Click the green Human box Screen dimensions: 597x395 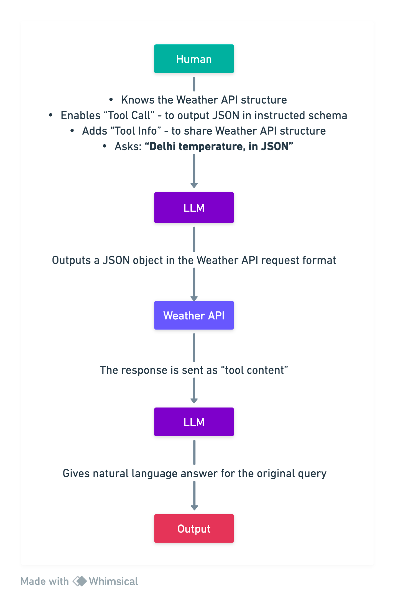(194, 59)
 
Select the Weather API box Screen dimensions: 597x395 (194, 315)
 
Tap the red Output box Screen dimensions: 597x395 (194, 528)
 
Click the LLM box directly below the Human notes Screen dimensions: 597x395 (194, 208)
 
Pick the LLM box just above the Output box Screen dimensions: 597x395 (194, 422)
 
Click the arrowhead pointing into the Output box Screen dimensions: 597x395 (194, 508)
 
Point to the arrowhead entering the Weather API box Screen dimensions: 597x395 (194, 298)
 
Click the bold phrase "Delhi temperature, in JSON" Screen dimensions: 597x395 (219, 146)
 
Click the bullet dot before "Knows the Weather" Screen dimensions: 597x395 (111, 100)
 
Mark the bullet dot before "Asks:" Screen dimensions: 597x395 (105, 146)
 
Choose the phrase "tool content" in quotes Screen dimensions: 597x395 (254, 370)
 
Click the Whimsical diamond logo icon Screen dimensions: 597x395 (80, 581)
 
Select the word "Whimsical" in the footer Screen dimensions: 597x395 (113, 581)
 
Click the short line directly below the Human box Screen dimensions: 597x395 (194, 84)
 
